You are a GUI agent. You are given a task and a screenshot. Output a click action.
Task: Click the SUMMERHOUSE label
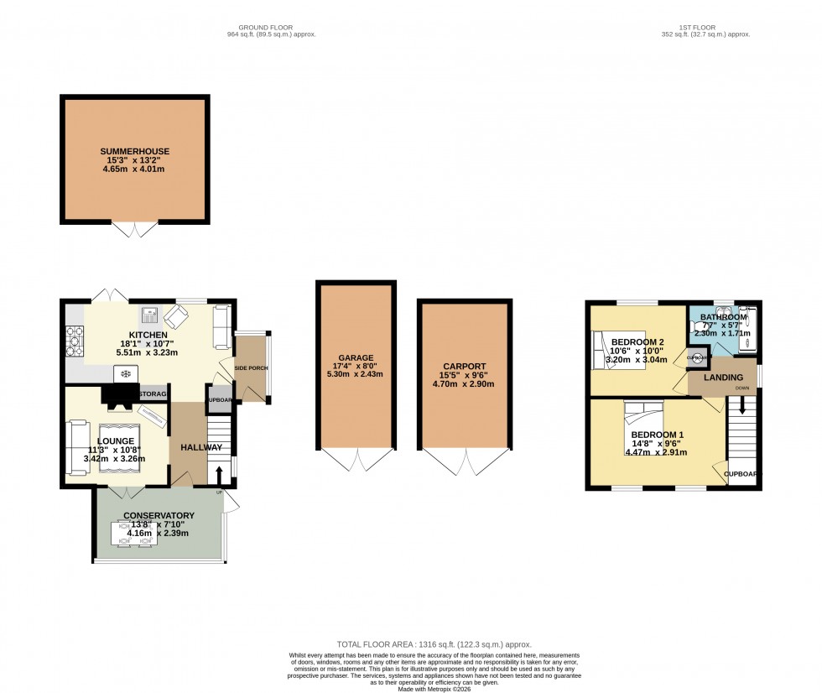[x=135, y=152]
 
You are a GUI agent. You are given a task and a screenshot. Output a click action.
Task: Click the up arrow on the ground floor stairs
[x=220, y=476]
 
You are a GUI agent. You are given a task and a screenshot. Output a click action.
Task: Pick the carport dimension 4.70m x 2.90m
[x=465, y=383]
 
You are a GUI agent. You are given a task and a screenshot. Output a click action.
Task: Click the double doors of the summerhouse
[x=135, y=229]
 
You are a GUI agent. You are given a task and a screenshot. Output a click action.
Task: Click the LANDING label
[x=722, y=378]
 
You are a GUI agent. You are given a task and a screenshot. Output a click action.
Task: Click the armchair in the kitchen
[x=176, y=317]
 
